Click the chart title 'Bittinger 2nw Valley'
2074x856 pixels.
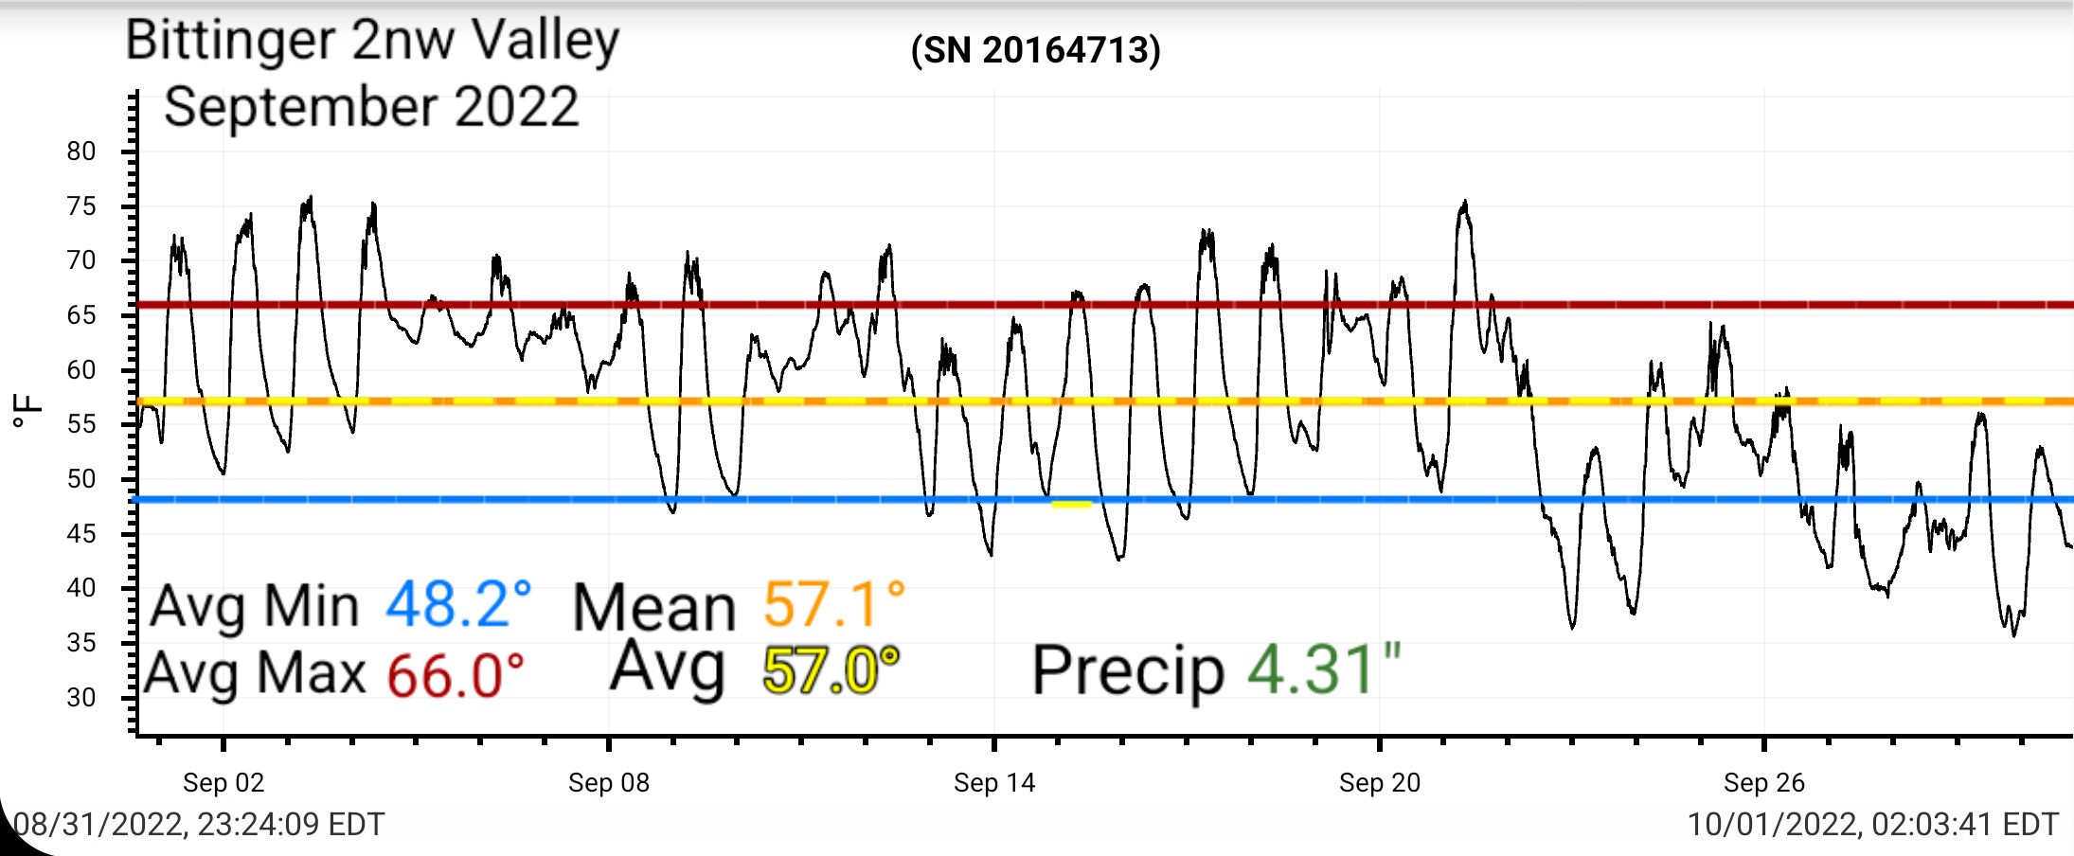tap(372, 42)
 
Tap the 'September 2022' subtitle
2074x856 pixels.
tap(371, 108)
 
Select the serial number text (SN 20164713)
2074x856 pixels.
tap(1035, 50)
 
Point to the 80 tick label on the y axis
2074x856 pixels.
tap(81, 152)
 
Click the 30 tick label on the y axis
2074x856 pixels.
tap(81, 698)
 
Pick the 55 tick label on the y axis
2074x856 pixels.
tap(81, 424)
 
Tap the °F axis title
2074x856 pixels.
tap(28, 411)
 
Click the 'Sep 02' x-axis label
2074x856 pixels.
tap(223, 783)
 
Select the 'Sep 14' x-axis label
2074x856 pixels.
tap(994, 783)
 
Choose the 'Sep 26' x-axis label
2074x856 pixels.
tap(1764, 783)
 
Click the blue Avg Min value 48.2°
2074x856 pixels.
tap(458, 605)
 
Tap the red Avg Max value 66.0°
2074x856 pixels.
tap(456, 675)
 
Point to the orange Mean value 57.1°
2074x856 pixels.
tap(834, 605)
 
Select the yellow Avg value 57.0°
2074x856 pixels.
tap(831, 670)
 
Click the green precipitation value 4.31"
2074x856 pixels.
tap(1324, 669)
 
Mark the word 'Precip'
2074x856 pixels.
tap(1128, 672)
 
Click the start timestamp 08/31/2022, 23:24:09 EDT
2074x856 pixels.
tap(199, 825)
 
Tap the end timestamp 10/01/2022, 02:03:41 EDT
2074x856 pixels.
tap(1873, 825)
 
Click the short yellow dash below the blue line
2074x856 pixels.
tap(1071, 505)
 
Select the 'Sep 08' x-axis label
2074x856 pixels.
tap(609, 783)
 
